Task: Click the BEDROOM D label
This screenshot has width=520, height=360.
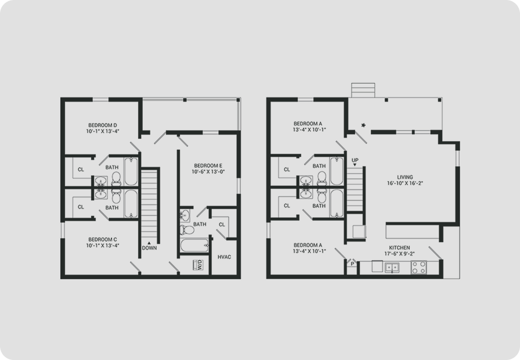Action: (103, 125)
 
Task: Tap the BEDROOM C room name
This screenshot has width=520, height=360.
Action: (103, 239)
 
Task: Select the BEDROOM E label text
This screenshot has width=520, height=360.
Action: (208, 165)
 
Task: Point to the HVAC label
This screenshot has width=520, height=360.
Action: (224, 257)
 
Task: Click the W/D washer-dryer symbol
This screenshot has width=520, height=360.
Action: (198, 265)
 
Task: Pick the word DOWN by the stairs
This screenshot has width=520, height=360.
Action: (149, 248)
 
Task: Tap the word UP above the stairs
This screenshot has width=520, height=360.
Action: (355, 160)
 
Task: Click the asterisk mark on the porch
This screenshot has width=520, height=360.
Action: (363, 125)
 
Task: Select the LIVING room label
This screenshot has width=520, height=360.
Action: (405, 177)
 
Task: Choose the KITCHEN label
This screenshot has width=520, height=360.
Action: (399, 247)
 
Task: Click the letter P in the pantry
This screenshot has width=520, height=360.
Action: (352, 264)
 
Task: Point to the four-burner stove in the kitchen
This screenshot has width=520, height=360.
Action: (418, 267)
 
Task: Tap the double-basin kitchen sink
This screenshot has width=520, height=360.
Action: (392, 267)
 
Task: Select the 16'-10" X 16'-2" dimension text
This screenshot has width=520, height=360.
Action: (405, 183)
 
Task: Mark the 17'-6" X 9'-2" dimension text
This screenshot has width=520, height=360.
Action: (399, 254)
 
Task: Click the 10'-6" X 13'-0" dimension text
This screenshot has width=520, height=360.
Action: (208, 171)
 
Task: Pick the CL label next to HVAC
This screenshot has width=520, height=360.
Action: (222, 225)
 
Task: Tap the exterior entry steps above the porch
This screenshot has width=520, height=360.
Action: (363, 90)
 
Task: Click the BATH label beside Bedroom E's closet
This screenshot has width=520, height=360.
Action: (200, 224)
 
